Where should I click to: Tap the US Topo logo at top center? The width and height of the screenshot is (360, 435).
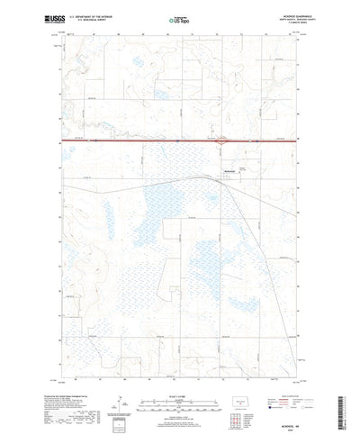(x=179, y=17)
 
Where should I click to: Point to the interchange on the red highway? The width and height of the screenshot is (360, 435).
(x=221, y=140)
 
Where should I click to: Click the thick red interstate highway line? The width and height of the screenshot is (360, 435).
(x=135, y=140)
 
